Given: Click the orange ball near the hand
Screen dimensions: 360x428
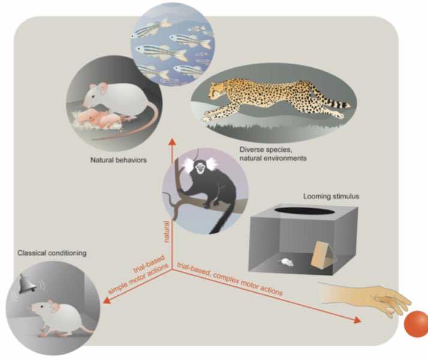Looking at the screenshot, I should point(415,325).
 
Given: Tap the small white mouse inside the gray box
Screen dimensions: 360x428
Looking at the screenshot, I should point(287,262).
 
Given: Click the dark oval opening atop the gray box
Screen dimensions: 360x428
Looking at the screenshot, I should point(304,211).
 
